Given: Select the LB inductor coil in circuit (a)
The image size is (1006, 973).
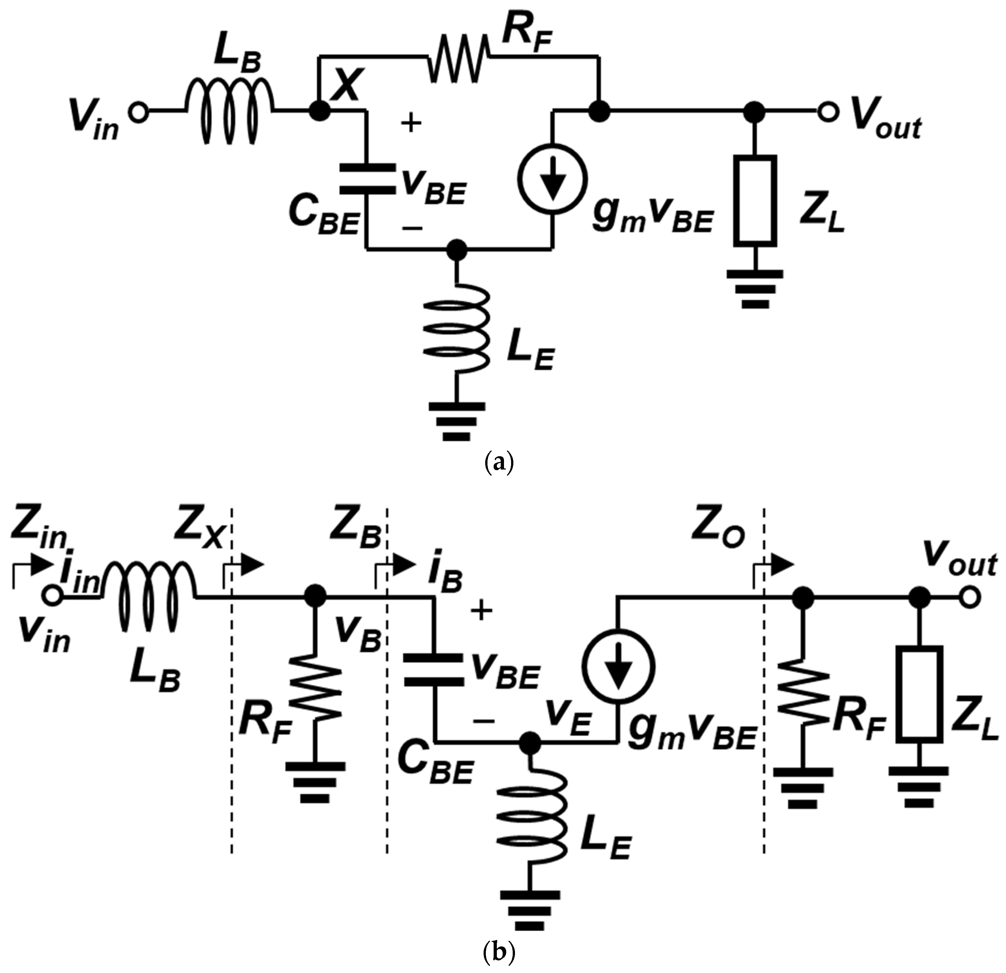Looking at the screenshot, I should click(229, 109).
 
